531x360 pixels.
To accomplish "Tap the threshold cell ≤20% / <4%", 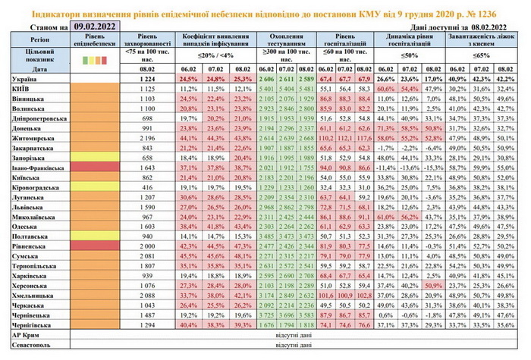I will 215,57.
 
